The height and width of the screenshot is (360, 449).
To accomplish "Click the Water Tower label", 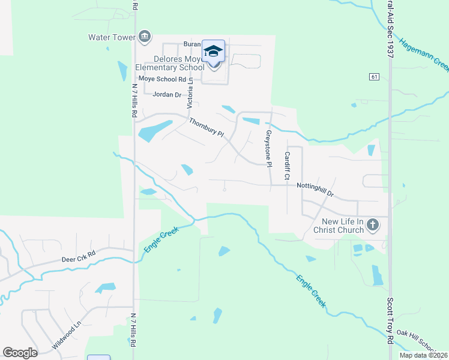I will click(112, 37).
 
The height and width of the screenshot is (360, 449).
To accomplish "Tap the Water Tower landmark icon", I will click(144, 38).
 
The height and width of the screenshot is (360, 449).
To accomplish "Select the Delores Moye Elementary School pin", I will click(213, 52).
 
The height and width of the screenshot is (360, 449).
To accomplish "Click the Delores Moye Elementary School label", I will click(162, 63).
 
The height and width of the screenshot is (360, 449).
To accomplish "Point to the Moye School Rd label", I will click(162, 79).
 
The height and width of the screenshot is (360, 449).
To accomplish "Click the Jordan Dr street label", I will click(167, 95).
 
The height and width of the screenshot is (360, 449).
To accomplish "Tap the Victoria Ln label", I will click(190, 93).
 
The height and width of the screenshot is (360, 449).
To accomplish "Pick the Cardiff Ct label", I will click(287, 166).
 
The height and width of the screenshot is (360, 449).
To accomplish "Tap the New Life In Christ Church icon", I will click(372, 225).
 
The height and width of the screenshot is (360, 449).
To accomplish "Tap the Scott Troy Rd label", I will click(390, 321).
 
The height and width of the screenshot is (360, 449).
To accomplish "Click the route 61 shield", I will click(374, 77).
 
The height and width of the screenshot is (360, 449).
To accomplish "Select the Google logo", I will click(20, 352).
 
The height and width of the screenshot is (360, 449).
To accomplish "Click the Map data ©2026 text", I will click(423, 355).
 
